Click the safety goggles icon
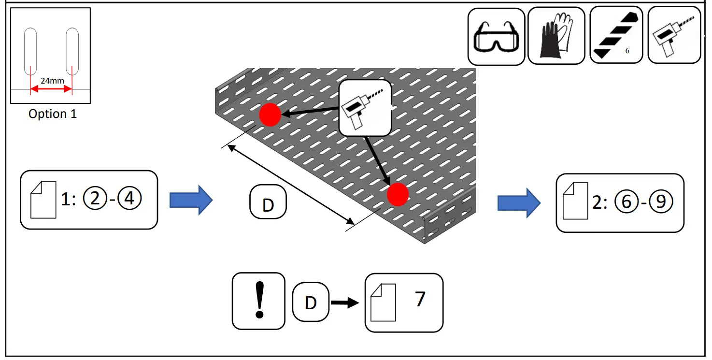[x=496, y=36]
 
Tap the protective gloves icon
[x=556, y=36]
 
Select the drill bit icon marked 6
[x=616, y=35]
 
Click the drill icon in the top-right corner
[x=673, y=35]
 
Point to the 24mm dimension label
[x=52, y=81]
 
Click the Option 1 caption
[x=52, y=114]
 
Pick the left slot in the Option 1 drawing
[x=30, y=51]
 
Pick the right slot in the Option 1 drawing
[x=72, y=51]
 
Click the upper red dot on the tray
[x=270, y=115]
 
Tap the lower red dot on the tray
[x=398, y=195]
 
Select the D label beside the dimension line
[x=268, y=204]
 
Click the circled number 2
[x=95, y=199]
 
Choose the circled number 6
[x=626, y=202]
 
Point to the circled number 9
[x=660, y=202]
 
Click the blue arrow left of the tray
[x=191, y=200]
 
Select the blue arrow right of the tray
[x=519, y=203]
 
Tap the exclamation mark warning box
[x=258, y=301]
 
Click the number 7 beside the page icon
[x=420, y=300]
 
